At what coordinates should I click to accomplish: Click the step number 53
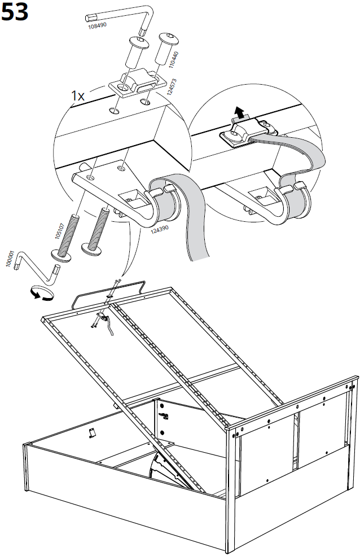coord(15,12)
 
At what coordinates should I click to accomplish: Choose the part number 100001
coord(10,260)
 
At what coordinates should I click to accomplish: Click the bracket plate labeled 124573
coord(135,85)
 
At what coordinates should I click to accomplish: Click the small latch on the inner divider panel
coord(165,415)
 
